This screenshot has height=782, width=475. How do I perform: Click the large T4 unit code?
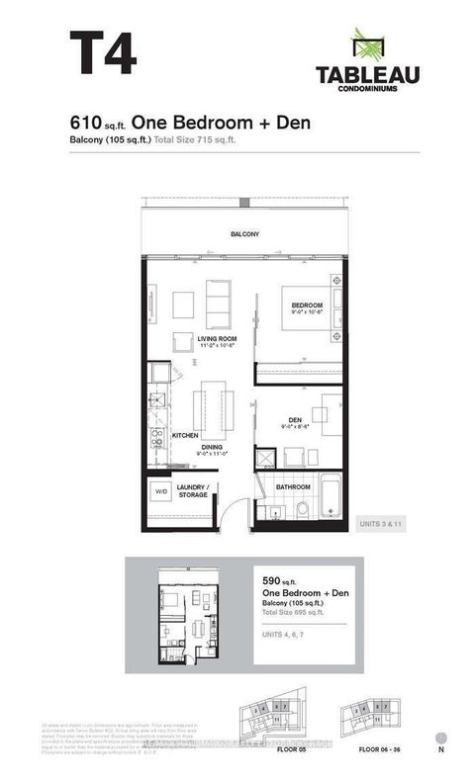coord(102,52)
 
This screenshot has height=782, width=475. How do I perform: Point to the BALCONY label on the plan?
coord(244,234)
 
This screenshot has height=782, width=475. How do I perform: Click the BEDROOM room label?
coord(307,304)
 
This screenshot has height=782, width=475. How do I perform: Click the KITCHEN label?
coord(185,435)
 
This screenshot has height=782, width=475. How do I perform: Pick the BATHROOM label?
coord(293,487)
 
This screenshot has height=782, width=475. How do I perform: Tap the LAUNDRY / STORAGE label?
coord(192,490)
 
